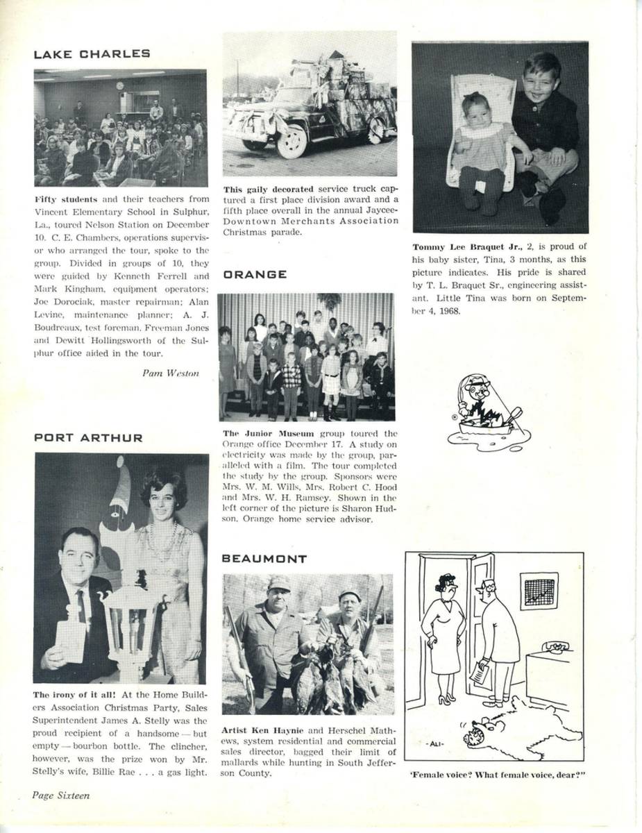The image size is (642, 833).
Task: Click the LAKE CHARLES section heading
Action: (92, 54)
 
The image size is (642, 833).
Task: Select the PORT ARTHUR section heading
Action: (88, 438)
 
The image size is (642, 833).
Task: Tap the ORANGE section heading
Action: (255, 275)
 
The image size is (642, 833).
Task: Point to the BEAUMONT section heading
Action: (264, 559)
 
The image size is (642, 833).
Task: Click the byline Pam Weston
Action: (170, 373)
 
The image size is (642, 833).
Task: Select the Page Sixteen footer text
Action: (61, 796)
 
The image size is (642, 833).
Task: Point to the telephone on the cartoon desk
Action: (555, 648)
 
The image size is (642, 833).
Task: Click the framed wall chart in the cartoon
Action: (539, 591)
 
